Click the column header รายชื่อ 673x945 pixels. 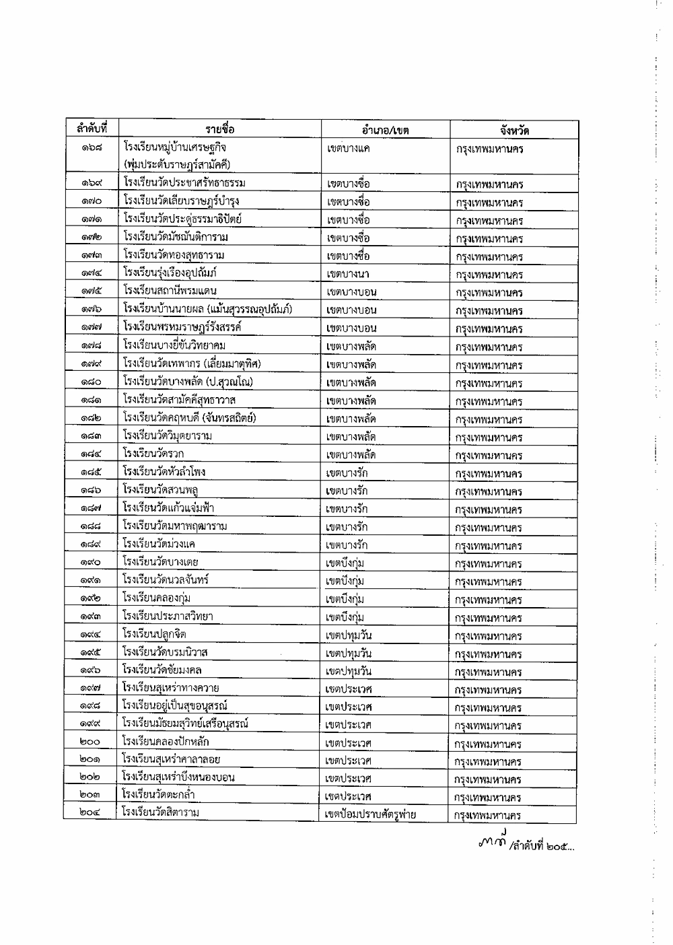click(220, 129)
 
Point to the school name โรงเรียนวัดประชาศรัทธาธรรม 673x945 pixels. click(184, 183)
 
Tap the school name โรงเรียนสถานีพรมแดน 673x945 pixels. click(170, 291)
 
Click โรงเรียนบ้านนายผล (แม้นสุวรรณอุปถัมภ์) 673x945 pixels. click(207, 310)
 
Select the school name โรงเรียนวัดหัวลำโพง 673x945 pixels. click(165, 473)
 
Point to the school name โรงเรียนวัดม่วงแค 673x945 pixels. click(159, 545)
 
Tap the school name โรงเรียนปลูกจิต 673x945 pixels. click(155, 634)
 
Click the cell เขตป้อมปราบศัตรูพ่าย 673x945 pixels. click(370, 815)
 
